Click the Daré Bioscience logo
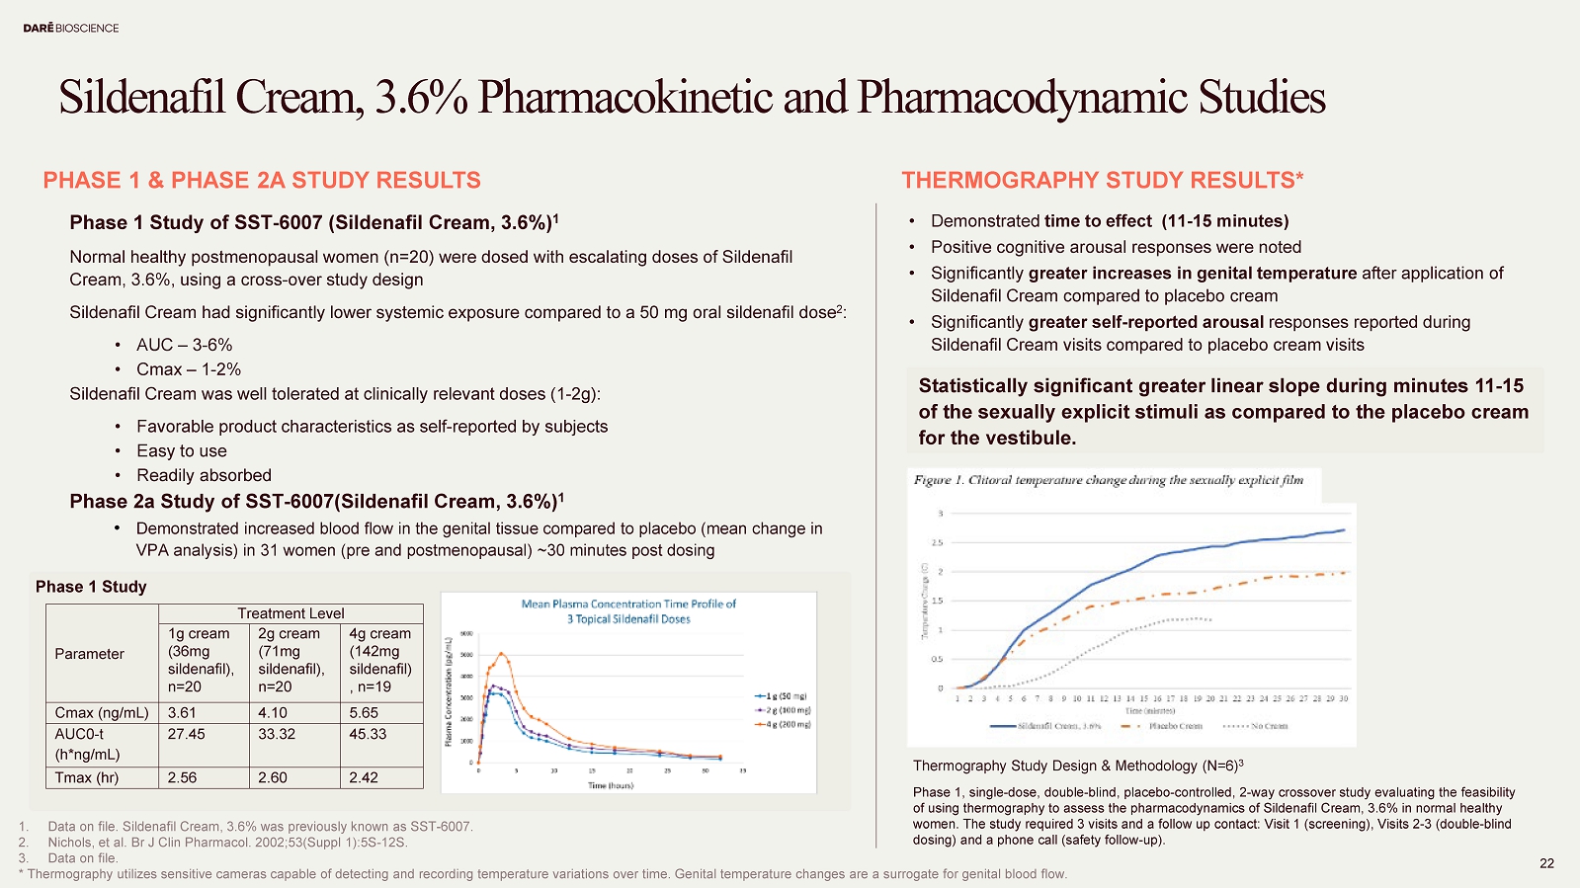(71, 29)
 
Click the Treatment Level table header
(291, 613)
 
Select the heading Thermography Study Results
(1102, 180)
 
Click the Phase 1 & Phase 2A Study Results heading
(262, 180)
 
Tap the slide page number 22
(1546, 863)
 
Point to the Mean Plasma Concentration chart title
(628, 611)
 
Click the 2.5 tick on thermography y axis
(936, 542)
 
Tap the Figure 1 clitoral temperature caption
(1108, 480)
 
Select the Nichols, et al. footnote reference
(227, 843)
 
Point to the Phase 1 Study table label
(91, 587)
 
